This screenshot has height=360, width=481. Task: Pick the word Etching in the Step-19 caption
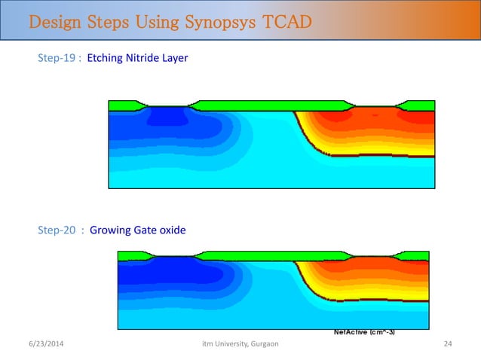tap(105, 57)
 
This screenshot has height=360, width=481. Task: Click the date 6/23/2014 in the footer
tap(45, 344)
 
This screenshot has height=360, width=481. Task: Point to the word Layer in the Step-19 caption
tap(173, 57)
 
